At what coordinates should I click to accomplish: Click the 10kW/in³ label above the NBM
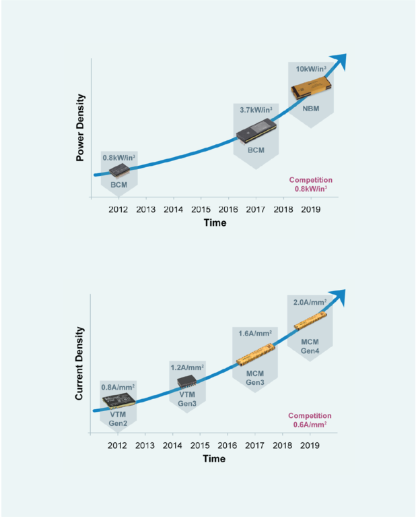tap(310, 69)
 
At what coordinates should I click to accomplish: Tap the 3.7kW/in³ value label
tap(256, 109)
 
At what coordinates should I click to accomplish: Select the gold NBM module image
tap(312, 88)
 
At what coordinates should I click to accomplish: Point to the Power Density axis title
tap(80, 127)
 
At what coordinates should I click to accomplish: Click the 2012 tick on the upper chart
tap(118, 209)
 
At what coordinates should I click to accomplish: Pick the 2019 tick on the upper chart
tap(310, 209)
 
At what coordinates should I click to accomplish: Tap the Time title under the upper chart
tap(215, 222)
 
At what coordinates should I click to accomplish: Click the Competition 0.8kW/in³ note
tap(310, 185)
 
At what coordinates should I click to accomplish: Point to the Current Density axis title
tap(80, 363)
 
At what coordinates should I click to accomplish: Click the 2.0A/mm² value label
tap(310, 303)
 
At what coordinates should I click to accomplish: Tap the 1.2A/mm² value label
tap(186, 367)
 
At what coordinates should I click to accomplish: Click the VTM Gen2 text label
tap(118, 419)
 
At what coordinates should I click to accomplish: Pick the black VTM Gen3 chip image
tap(186, 383)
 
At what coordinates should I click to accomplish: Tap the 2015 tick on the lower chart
tap(200, 445)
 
